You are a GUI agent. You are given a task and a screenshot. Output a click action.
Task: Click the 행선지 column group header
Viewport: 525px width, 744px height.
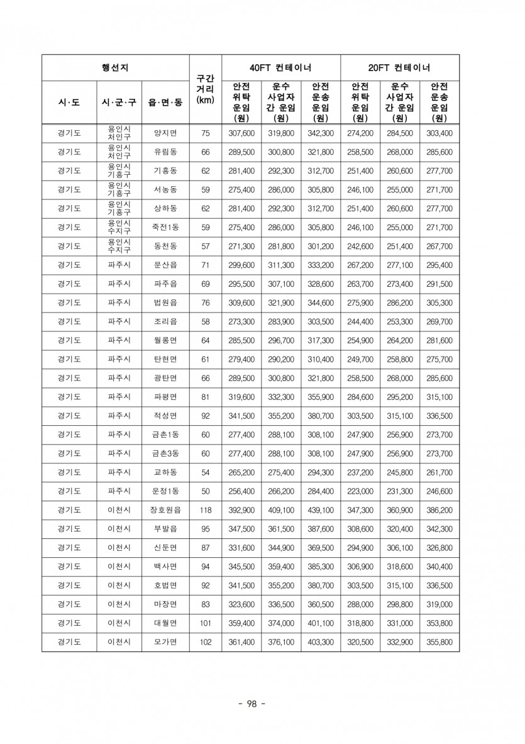click(x=115, y=68)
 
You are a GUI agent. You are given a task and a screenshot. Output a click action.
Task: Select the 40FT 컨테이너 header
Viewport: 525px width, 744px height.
click(x=281, y=68)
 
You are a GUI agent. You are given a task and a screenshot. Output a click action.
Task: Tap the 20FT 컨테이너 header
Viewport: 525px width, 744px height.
click(x=400, y=68)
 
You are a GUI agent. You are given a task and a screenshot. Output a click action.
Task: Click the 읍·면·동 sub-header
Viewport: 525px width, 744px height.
click(x=165, y=101)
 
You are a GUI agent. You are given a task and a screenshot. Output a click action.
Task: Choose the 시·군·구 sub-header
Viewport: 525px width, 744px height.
click(x=119, y=101)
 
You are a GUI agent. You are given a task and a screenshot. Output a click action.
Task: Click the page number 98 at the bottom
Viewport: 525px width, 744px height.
click(x=251, y=704)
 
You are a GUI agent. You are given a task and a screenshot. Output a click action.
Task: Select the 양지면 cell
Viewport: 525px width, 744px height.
click(x=165, y=133)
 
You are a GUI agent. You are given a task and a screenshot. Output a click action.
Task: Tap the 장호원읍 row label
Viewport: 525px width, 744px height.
click(x=165, y=510)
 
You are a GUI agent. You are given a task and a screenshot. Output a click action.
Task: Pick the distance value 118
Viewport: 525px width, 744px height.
click(x=206, y=510)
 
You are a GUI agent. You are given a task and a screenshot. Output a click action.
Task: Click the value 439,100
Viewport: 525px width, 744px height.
click(x=321, y=510)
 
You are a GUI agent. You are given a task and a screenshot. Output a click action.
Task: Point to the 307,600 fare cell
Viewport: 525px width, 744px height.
click(x=241, y=133)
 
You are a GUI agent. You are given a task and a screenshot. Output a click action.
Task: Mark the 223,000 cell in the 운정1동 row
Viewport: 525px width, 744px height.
click(x=360, y=491)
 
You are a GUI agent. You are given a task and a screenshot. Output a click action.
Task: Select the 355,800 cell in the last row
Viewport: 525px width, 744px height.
click(x=439, y=642)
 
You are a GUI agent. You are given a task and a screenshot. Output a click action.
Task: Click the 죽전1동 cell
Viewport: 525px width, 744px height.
click(x=165, y=228)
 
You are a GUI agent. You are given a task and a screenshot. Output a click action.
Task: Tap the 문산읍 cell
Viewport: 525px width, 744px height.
click(x=165, y=265)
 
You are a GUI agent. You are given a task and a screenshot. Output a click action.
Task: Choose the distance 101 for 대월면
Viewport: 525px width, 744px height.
click(x=206, y=623)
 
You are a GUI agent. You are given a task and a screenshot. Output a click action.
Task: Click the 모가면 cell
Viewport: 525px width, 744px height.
click(x=165, y=642)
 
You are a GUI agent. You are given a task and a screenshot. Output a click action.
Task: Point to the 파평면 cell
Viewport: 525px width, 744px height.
click(x=165, y=397)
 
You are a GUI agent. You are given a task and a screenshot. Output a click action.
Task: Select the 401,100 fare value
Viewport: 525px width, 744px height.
click(x=321, y=623)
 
